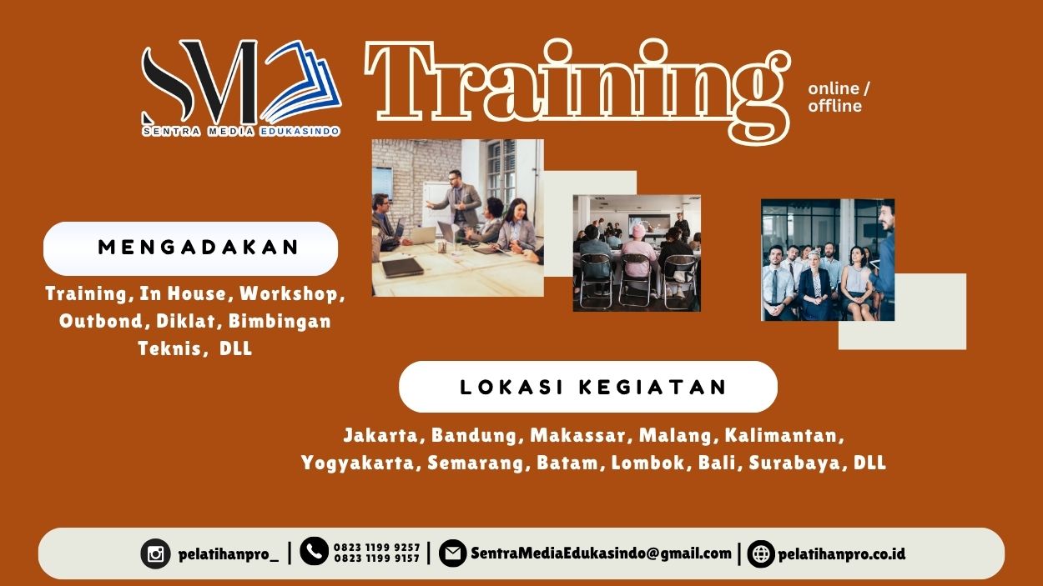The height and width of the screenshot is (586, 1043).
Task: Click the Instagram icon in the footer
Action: point(155,553)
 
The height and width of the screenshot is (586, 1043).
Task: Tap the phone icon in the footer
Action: point(314,551)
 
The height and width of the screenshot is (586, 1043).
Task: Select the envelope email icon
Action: point(452,553)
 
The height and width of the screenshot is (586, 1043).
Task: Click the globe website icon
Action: point(761,553)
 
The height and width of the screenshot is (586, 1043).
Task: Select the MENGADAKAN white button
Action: point(190,248)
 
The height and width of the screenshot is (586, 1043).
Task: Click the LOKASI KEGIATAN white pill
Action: point(588,387)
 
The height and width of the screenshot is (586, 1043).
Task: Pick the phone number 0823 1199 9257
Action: point(377,548)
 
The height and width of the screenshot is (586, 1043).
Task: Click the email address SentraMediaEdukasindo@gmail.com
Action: point(601,553)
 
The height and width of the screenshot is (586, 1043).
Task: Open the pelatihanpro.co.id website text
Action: point(842,553)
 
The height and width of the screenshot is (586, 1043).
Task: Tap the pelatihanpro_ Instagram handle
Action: point(229,553)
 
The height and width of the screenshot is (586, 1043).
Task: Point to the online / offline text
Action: point(838,97)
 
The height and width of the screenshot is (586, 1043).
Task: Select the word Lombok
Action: point(647,463)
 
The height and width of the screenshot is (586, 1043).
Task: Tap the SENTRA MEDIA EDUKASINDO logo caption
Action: point(240,131)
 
